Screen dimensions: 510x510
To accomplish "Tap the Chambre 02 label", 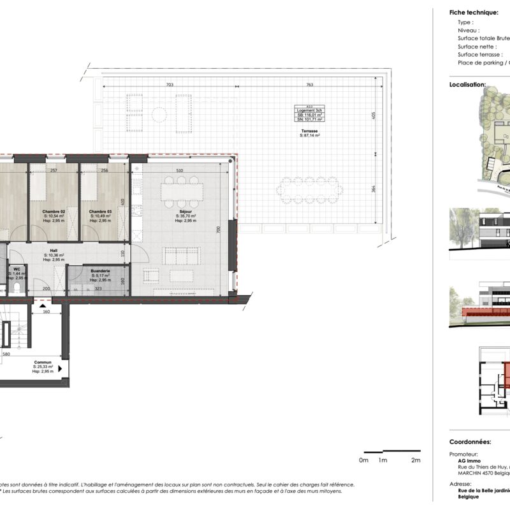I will tap(54, 212).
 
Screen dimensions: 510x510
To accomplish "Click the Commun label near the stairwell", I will tap(43, 362).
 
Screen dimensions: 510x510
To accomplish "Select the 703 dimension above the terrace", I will tap(170, 84).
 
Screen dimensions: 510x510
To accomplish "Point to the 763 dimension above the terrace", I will tap(309, 84).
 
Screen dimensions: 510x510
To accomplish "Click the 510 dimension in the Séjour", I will tap(180, 171).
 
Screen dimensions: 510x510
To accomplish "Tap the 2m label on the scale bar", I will tap(416, 460).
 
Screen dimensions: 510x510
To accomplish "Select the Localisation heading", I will tap(467, 84).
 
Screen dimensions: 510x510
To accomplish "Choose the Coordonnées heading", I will tap(470, 441).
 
